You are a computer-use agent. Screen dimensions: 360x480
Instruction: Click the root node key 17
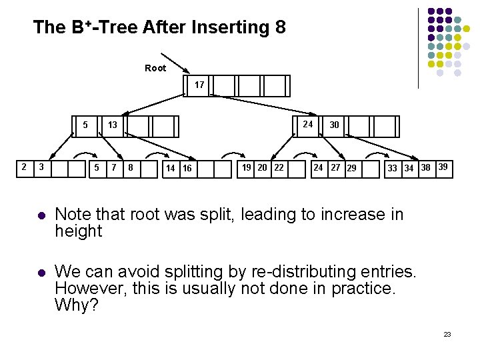point(199,85)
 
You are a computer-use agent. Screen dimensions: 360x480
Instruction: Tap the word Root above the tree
point(155,68)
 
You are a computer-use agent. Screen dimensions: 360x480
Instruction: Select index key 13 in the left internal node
point(113,125)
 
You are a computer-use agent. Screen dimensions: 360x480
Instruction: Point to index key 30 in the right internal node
point(334,125)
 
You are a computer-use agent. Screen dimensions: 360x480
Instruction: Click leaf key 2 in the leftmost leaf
point(24,167)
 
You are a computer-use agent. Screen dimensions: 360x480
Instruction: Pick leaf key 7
point(114,167)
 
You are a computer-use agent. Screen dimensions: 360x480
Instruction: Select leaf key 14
point(171,169)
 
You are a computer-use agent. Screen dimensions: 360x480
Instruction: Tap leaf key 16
point(187,169)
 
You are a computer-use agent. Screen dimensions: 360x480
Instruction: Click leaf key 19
point(247,167)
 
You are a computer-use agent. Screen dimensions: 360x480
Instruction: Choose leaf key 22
point(279,167)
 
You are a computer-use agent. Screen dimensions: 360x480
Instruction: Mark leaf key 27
point(335,167)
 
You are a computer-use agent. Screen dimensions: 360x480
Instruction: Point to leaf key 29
point(351,168)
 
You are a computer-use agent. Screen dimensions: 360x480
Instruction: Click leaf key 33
point(393,168)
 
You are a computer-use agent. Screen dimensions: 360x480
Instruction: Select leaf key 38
point(425,167)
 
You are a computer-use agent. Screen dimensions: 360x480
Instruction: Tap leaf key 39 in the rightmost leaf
point(442,167)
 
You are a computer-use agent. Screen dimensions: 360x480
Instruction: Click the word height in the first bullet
point(78,231)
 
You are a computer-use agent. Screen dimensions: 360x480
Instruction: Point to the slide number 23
point(447,333)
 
